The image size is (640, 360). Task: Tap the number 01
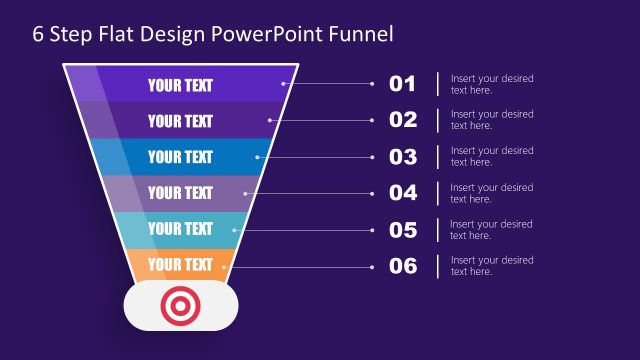pos(402,84)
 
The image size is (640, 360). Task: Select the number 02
pos(402,120)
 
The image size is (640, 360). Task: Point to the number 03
pos(402,157)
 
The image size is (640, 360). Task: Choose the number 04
pos(402,193)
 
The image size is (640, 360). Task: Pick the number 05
pos(402,230)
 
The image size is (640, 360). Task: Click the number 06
pos(402,266)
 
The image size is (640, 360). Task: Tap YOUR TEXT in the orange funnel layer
pos(180,265)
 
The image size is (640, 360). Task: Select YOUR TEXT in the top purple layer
pos(180,85)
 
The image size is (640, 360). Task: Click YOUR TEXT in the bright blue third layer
pos(180,157)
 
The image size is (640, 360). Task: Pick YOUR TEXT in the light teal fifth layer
pos(180,229)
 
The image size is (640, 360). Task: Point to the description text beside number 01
pos(491,84)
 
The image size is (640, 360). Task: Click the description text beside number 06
pos(491,266)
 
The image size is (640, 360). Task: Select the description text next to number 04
pos(491,193)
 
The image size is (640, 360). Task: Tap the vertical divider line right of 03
pos(437,157)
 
